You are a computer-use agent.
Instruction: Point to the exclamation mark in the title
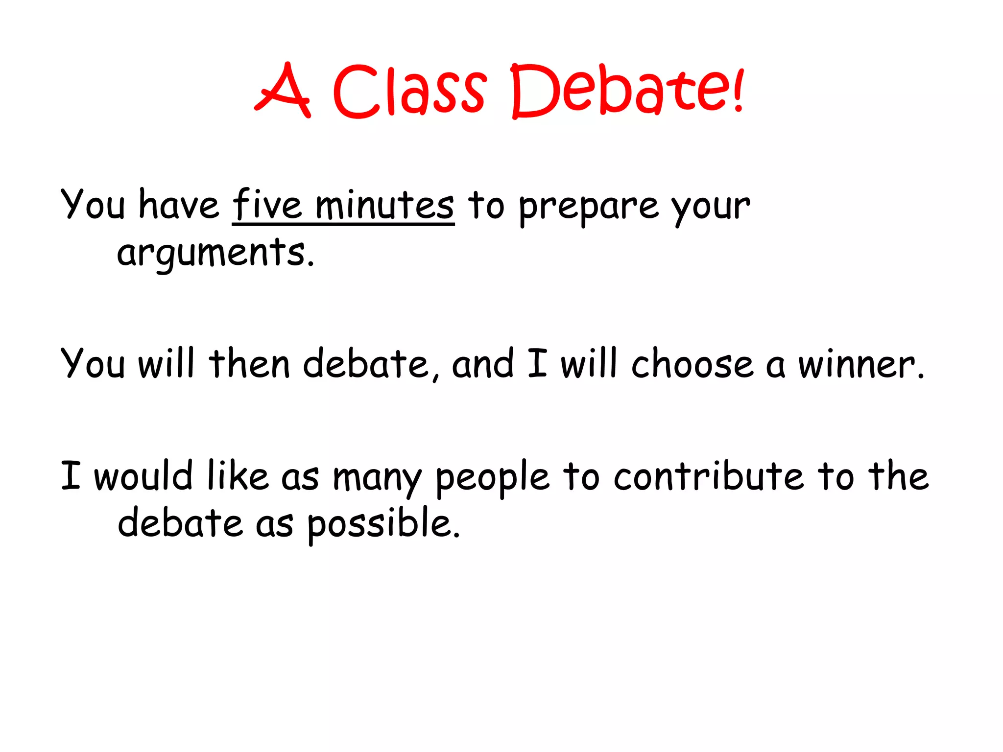(738, 91)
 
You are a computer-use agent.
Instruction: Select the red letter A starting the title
(283, 91)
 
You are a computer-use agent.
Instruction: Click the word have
(179, 205)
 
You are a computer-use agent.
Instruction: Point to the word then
(249, 364)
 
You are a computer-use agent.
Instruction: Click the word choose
(692, 364)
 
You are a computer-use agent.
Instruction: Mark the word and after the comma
(483, 364)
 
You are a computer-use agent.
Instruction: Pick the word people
(493, 477)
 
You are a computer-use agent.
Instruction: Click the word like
(238, 475)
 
